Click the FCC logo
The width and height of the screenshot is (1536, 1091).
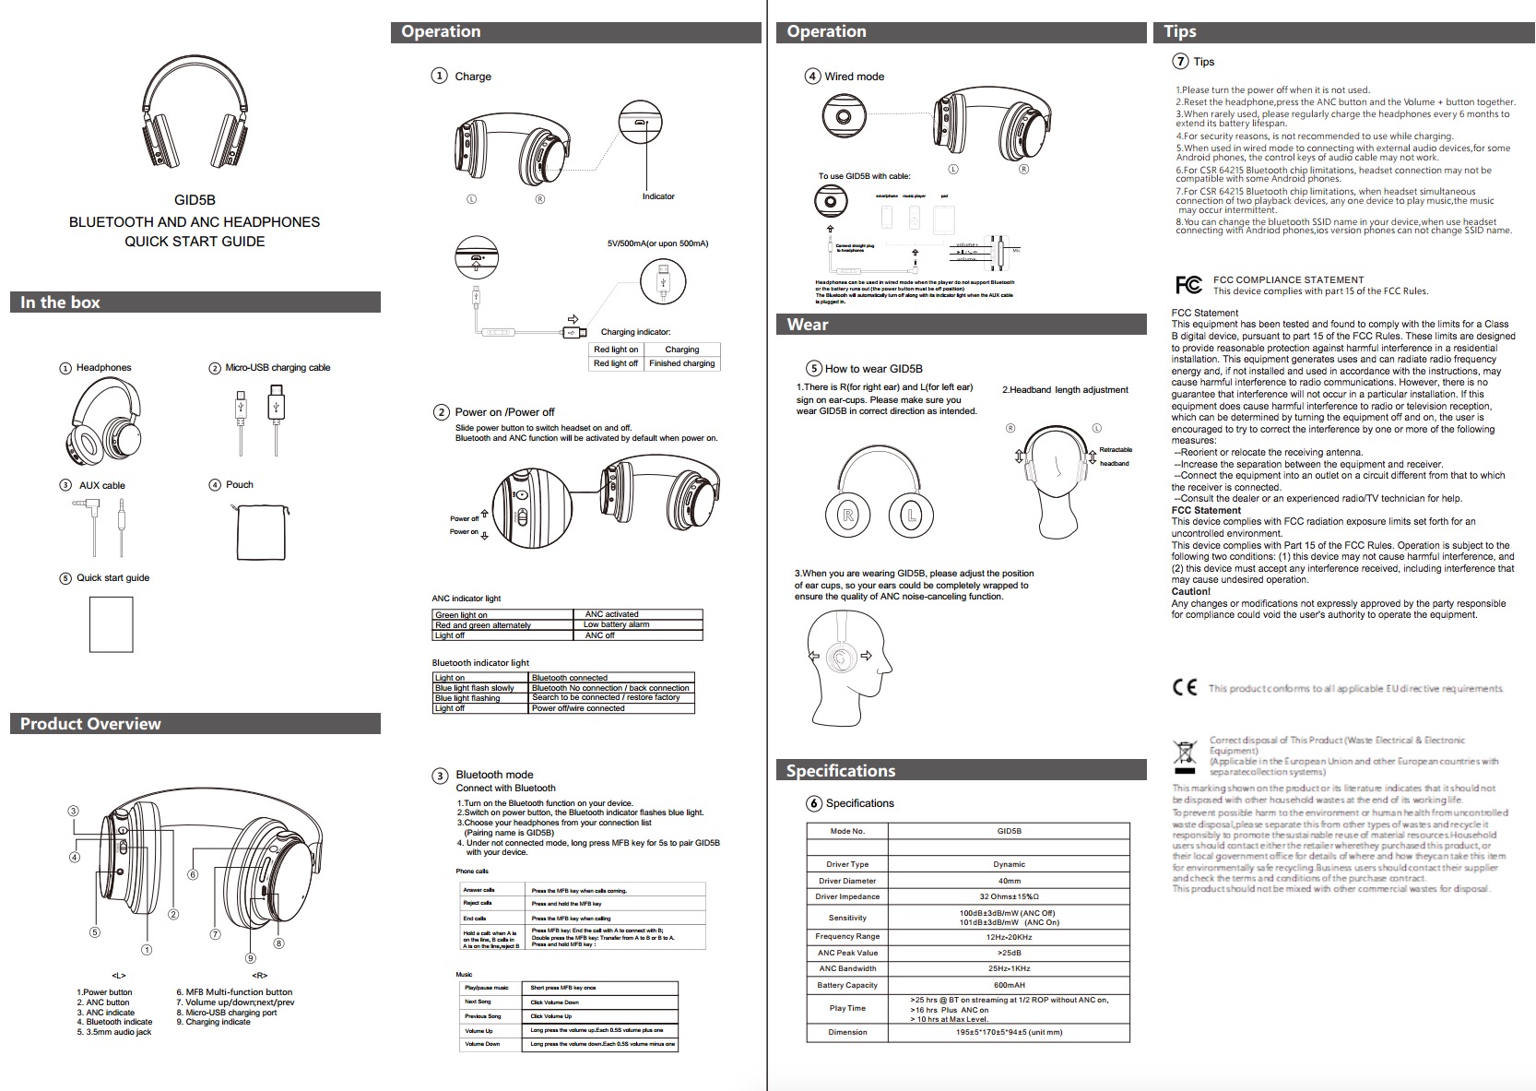coord(1188,285)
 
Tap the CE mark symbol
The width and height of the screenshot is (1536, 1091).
coord(1185,687)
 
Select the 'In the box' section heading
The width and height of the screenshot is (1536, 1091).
coord(61,302)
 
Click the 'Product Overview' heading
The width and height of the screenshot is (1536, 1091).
coord(90,724)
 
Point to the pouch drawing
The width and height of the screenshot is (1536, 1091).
coord(261,532)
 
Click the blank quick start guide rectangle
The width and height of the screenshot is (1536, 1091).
coord(111,624)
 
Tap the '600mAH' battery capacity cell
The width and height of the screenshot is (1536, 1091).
coord(1009,985)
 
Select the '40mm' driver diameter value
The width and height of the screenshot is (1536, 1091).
coord(1009,881)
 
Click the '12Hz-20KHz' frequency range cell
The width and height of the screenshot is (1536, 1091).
coord(1009,936)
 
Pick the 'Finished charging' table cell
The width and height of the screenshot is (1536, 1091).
coord(681,363)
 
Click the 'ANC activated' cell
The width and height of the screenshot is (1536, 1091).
coord(611,614)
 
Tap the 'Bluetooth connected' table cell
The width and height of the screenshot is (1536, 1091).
coord(570,678)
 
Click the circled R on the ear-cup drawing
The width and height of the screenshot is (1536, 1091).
coord(847,516)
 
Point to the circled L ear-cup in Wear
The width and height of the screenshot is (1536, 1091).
coord(910,516)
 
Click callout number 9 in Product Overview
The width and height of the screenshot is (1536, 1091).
coord(250,958)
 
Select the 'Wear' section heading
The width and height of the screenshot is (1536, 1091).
coord(808,325)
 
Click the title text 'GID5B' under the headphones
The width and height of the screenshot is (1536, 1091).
coord(195,199)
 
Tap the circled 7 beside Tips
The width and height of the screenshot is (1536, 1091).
coord(1180,61)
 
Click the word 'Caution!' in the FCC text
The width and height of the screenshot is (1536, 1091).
coord(1190,592)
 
